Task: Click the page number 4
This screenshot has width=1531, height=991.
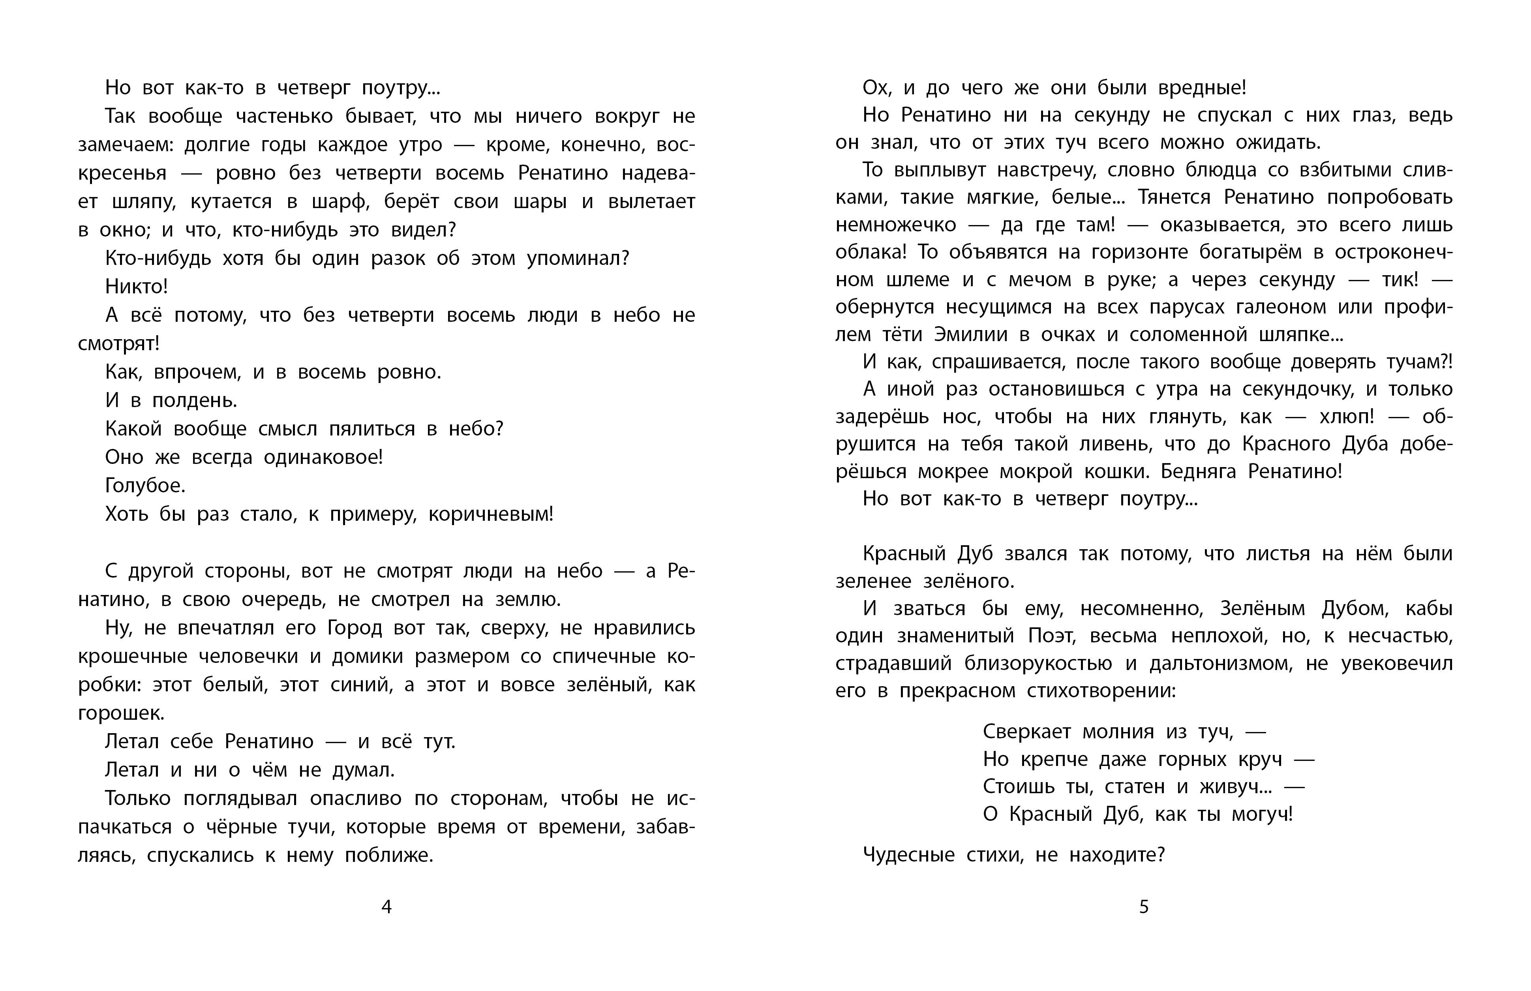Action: [x=386, y=907]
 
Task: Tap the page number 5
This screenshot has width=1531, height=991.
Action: [x=1144, y=907]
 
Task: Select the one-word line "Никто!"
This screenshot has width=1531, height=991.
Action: [x=136, y=286]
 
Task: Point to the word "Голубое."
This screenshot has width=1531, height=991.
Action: [x=145, y=485]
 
